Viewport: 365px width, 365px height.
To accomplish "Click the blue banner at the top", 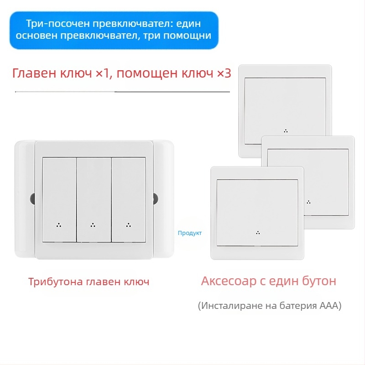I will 114,30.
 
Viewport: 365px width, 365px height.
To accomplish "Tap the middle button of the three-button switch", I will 94,199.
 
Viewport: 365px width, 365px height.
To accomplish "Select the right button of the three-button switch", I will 128,199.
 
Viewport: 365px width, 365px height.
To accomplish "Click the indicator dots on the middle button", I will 93,224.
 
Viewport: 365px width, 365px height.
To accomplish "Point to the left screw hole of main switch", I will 32,199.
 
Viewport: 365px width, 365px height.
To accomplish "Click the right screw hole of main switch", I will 155,199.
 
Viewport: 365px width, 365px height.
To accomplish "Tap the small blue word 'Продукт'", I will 190,233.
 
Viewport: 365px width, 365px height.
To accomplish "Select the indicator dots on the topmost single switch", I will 286,130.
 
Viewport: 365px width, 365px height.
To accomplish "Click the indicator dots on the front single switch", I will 258,233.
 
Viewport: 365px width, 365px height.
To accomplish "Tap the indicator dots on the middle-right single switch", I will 309,202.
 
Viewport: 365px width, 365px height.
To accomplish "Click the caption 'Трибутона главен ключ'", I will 89,282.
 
